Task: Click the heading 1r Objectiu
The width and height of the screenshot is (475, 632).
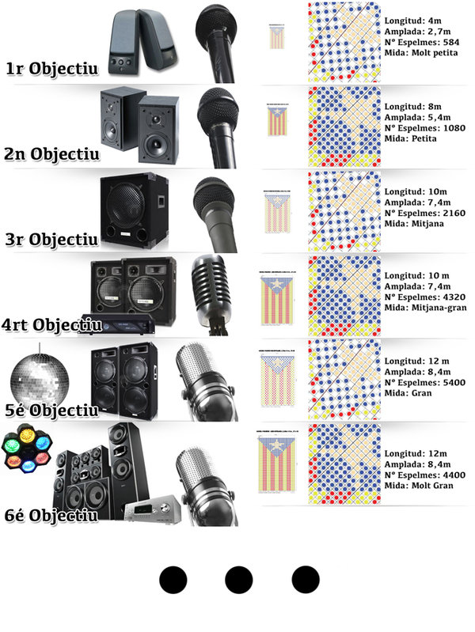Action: pos(51,69)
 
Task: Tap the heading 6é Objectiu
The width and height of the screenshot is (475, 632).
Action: pos(51,515)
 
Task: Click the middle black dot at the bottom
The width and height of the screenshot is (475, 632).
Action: pos(238,580)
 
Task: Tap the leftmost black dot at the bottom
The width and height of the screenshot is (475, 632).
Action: pos(172,580)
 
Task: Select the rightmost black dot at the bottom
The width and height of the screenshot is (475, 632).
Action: pos(305,580)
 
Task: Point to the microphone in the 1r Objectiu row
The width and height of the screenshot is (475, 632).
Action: pos(218,40)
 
